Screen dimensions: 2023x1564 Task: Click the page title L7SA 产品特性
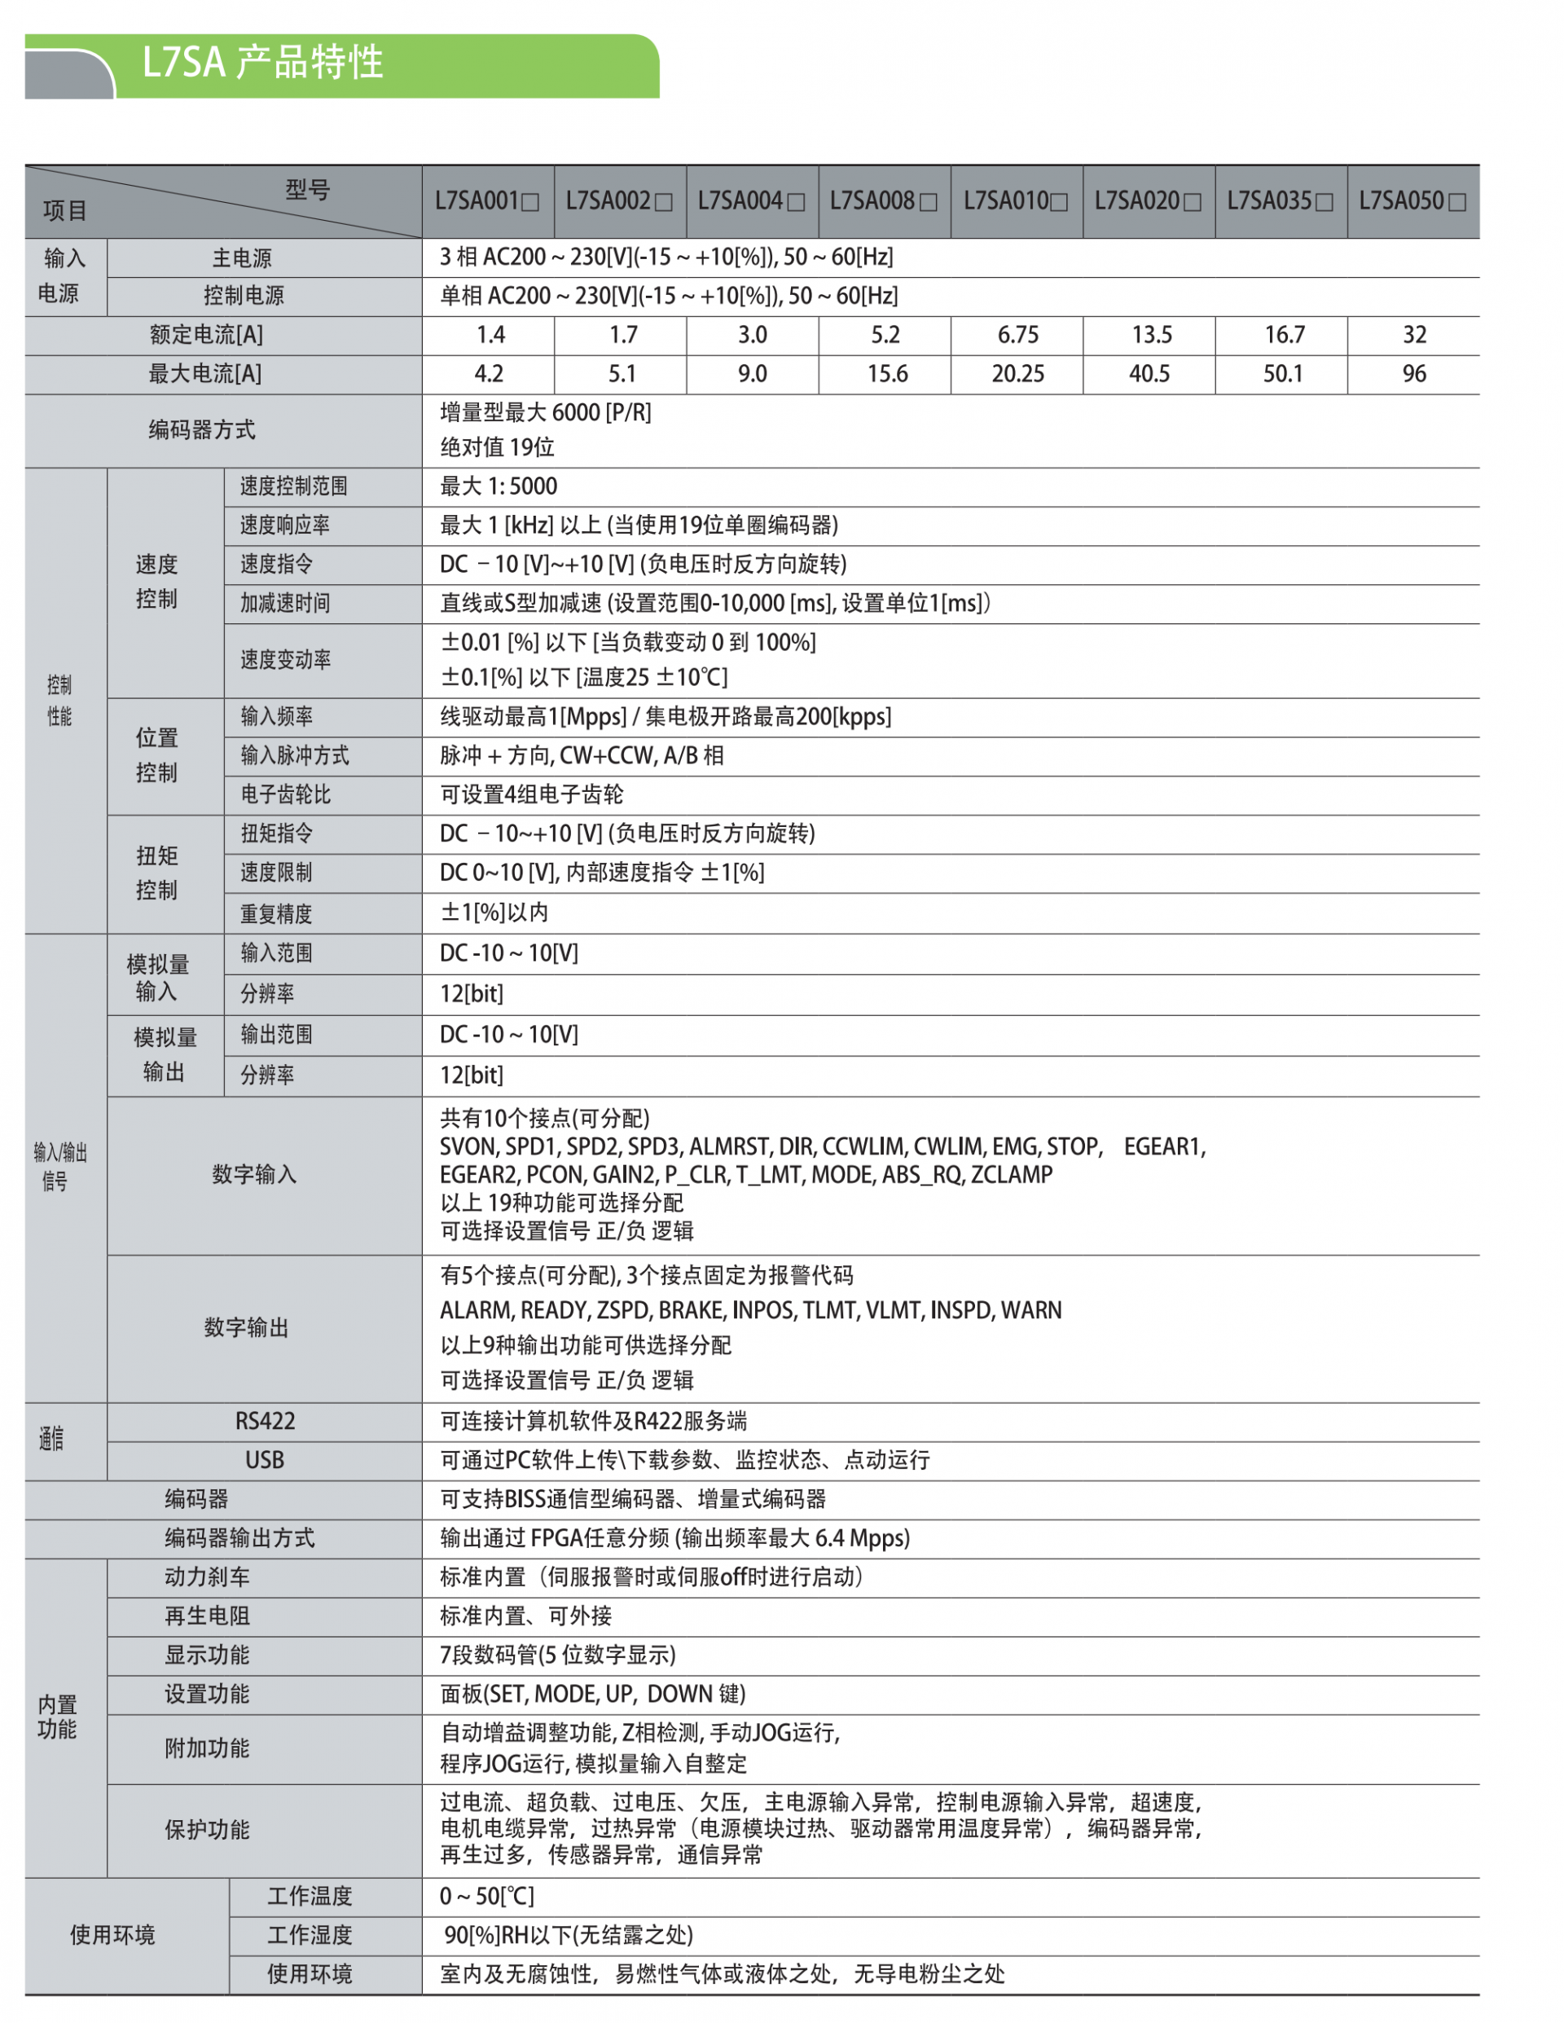(262, 63)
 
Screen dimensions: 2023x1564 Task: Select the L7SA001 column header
(487, 201)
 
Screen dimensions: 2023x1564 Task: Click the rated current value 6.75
(1017, 336)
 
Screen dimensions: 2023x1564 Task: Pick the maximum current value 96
(1413, 374)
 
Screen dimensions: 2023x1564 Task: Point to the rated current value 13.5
(1151, 336)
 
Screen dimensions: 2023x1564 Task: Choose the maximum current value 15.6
(886, 374)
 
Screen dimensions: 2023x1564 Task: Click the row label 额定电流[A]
(205, 336)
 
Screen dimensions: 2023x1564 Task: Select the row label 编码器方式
(202, 430)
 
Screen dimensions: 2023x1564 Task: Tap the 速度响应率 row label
(284, 526)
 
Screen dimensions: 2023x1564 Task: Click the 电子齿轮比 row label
(285, 794)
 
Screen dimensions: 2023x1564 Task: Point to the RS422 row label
(265, 1422)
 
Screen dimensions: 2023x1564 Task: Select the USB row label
(265, 1461)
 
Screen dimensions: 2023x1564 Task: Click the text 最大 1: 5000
(499, 487)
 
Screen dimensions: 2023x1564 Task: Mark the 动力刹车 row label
(208, 1577)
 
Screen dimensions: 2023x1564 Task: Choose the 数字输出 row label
(246, 1328)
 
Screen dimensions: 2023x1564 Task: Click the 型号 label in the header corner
(307, 190)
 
